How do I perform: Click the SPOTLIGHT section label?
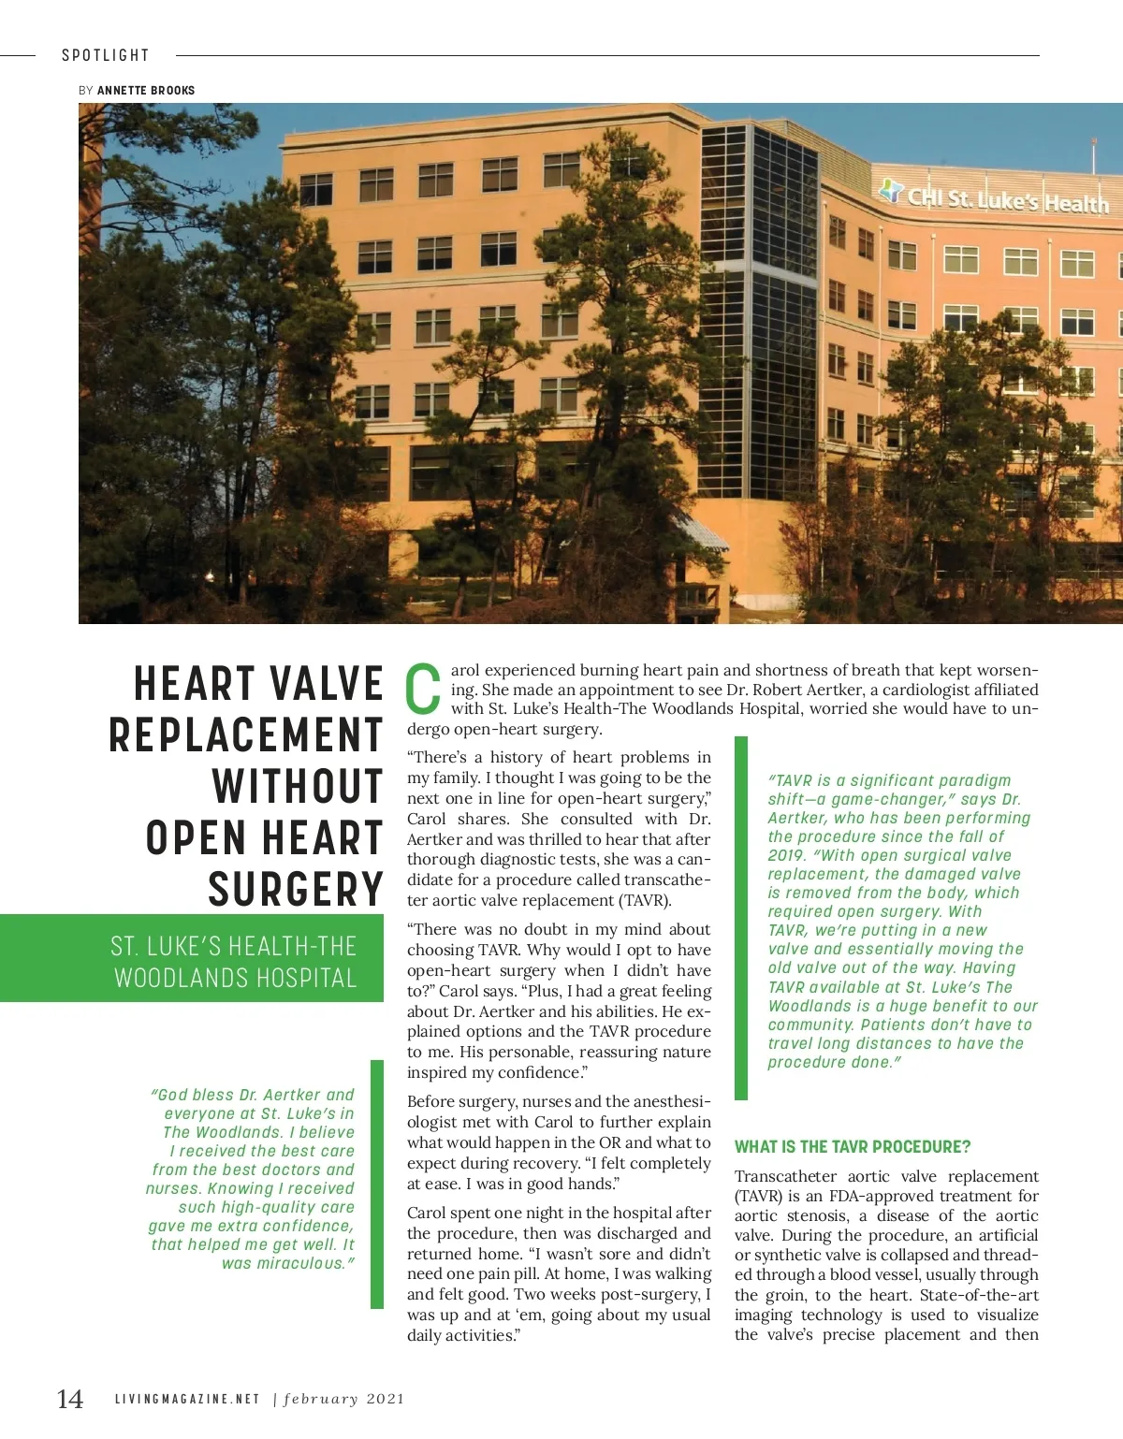[x=106, y=55]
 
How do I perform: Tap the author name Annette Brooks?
[x=146, y=91]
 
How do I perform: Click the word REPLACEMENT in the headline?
[x=246, y=734]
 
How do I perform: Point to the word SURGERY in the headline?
[x=296, y=889]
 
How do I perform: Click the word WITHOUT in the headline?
[x=298, y=786]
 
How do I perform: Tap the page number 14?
[x=70, y=1399]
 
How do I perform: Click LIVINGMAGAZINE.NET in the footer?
[x=187, y=1399]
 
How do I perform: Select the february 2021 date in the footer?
[x=344, y=1399]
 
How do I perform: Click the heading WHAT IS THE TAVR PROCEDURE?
[x=853, y=1147]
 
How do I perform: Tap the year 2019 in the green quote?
[x=787, y=855]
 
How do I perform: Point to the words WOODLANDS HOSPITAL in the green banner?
[x=236, y=978]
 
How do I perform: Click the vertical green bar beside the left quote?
[x=377, y=1184]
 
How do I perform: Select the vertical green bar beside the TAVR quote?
[x=741, y=917]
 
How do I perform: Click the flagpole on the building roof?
[x=1093, y=154]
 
